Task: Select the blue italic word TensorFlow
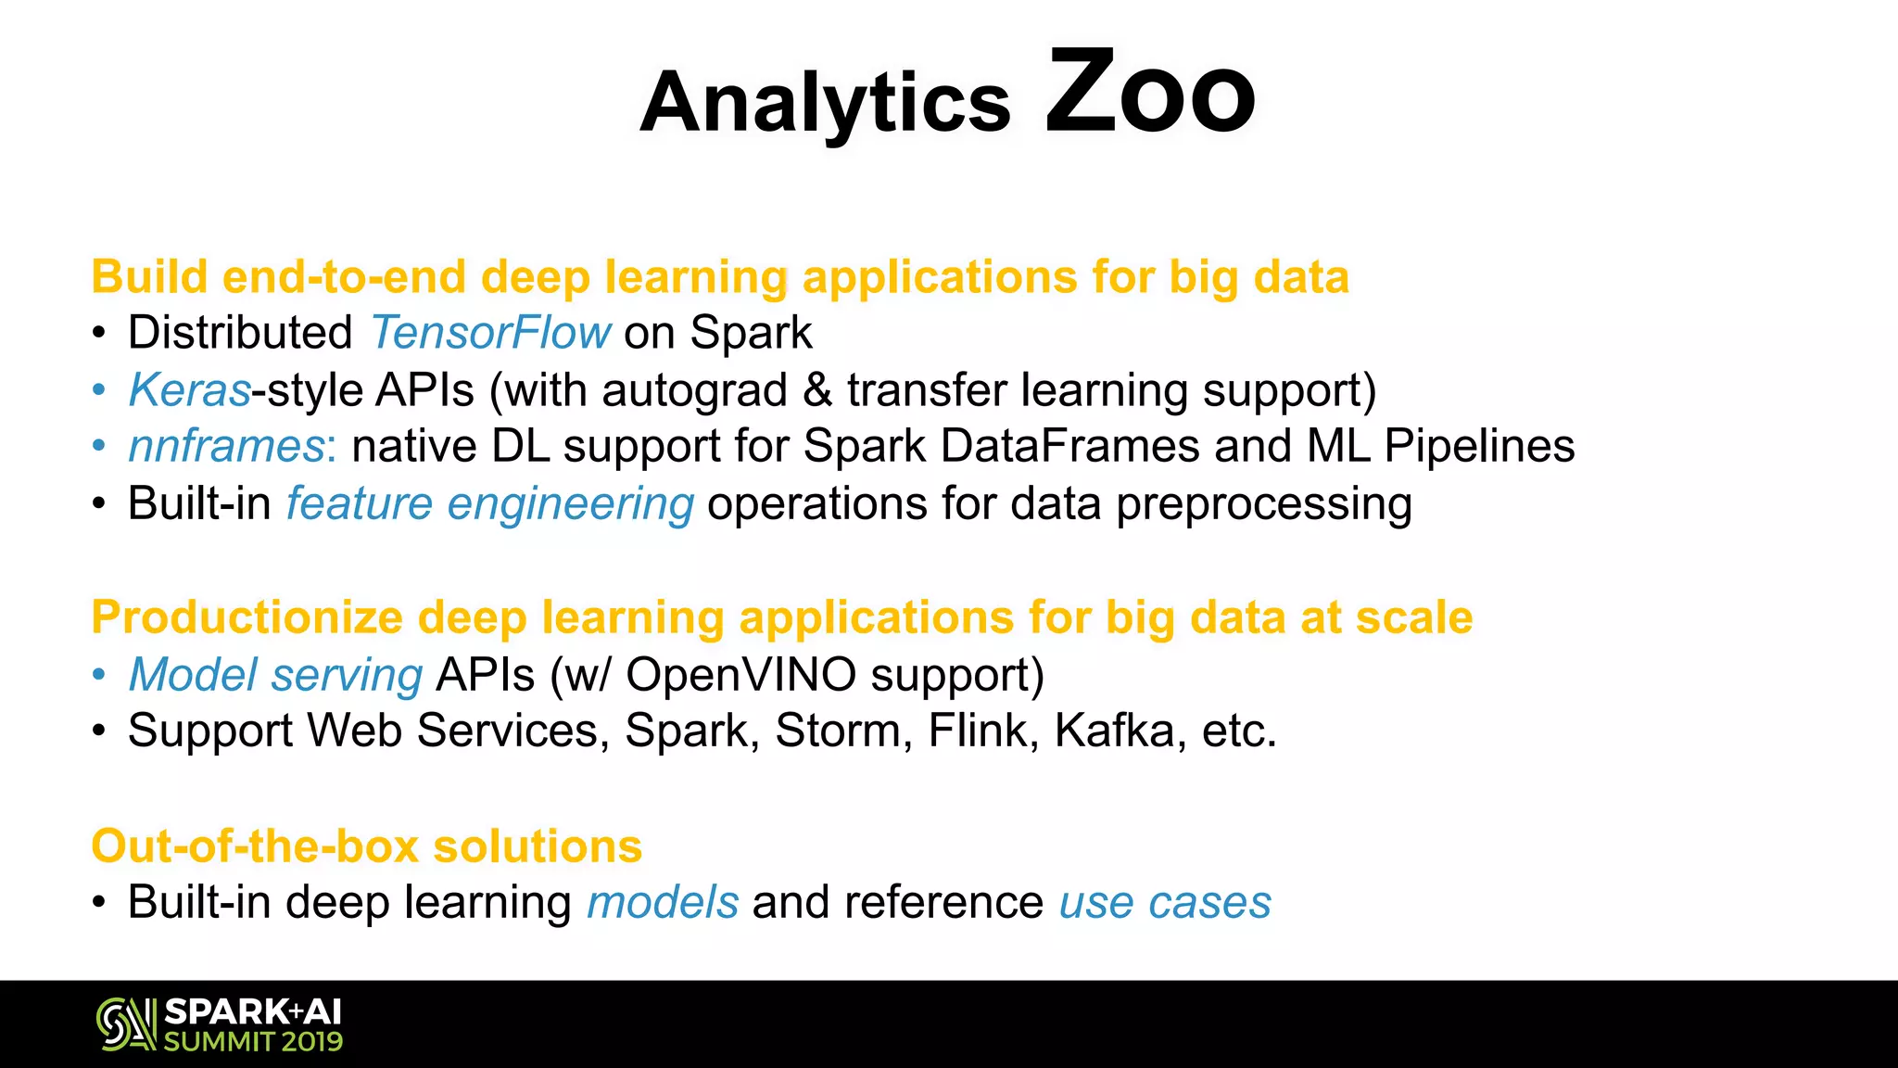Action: coord(490,333)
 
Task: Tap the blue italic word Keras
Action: coord(190,390)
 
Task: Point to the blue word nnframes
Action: coord(227,447)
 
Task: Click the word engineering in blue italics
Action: coord(570,505)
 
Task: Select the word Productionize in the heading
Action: coord(247,618)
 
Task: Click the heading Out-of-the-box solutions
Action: coord(367,846)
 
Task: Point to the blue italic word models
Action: coord(663,903)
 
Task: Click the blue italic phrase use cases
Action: coord(1165,903)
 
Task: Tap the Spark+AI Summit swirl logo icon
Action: coord(126,1023)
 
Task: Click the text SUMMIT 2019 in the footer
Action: coord(253,1042)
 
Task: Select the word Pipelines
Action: coord(1479,447)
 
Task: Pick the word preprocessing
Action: coord(1264,505)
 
